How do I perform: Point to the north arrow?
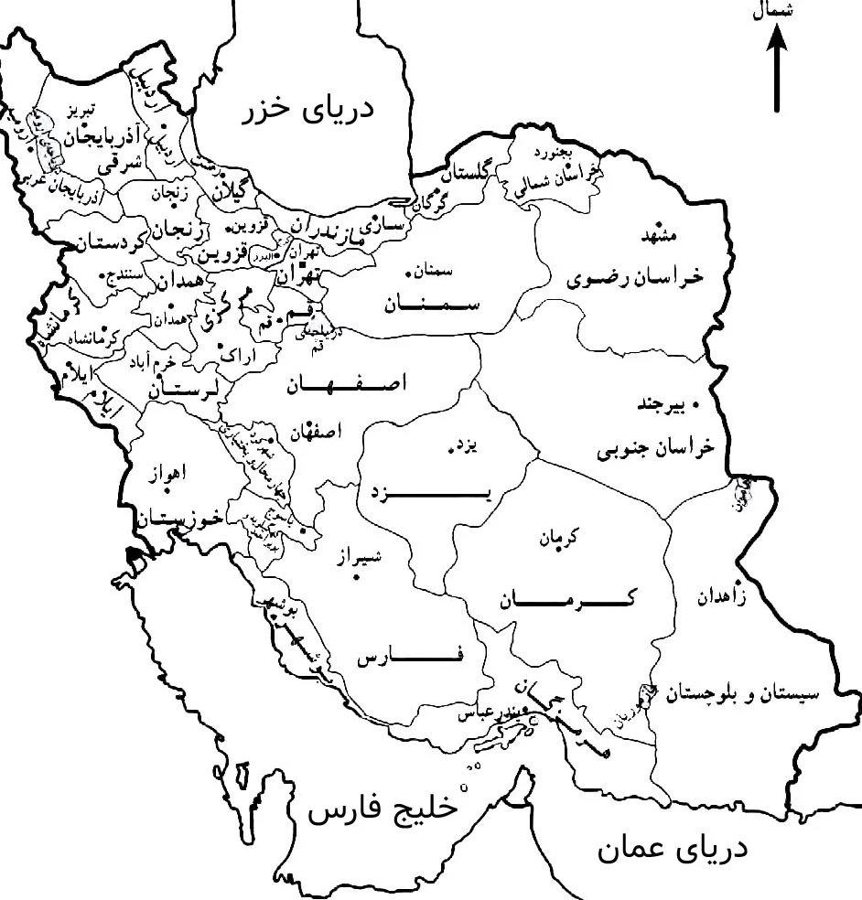(778, 69)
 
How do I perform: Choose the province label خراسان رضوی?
(635, 277)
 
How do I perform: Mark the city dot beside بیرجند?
(695, 403)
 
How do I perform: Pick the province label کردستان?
(111, 242)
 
